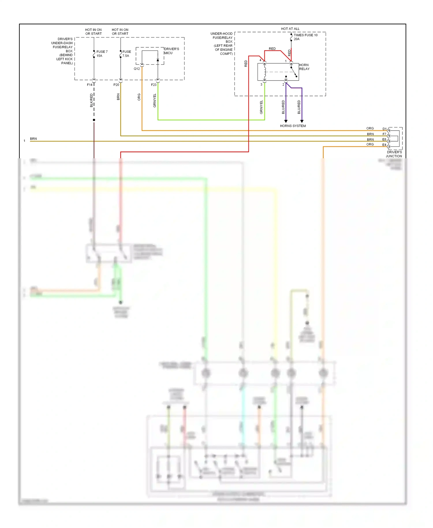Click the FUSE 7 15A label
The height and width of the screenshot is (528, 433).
click(x=102, y=54)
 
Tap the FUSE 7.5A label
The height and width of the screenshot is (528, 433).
click(x=126, y=54)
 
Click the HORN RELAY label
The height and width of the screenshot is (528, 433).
click(x=304, y=67)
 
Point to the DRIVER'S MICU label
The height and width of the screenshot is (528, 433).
click(x=171, y=51)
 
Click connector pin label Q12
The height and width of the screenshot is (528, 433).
click(x=137, y=69)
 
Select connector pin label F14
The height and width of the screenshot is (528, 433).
click(x=89, y=85)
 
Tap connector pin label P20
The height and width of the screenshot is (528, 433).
click(x=116, y=85)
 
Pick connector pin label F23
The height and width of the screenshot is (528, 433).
click(x=154, y=85)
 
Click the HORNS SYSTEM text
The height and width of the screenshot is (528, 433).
click(x=293, y=126)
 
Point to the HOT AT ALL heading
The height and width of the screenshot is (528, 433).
click(x=290, y=29)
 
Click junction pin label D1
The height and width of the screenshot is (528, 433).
click(x=384, y=129)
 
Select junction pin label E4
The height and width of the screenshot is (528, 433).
click(x=384, y=145)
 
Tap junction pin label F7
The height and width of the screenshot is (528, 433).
click(x=384, y=134)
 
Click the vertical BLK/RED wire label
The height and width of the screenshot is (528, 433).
click(x=91, y=100)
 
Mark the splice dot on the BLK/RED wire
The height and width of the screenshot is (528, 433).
click(x=94, y=120)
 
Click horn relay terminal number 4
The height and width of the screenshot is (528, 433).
click(x=260, y=60)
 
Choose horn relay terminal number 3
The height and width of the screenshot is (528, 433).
click(x=261, y=85)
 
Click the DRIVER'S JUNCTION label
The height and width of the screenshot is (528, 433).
click(x=394, y=154)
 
